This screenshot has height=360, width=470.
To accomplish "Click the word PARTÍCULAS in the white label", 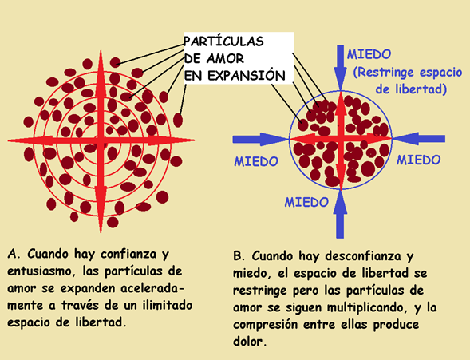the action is (223, 41).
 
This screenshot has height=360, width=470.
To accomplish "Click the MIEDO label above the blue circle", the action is (369, 54).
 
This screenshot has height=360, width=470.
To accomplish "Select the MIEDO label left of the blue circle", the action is (256, 161).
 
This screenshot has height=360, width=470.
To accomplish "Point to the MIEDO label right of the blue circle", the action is (418, 160).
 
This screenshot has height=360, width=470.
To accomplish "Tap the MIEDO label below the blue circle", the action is (306, 202).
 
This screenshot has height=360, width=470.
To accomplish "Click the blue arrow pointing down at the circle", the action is (340, 67).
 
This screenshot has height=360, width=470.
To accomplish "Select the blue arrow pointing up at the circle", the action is (340, 214).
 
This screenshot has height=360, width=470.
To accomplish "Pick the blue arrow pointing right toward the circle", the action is (261, 139).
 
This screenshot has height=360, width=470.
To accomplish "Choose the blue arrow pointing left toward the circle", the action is (419, 139).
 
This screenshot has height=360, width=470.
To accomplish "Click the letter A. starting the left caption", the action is (14, 254).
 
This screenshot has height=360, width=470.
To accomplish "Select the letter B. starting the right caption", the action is (239, 256).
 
